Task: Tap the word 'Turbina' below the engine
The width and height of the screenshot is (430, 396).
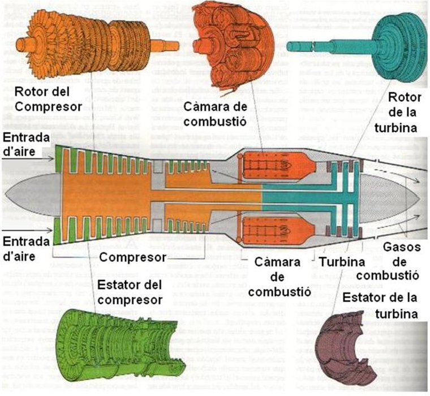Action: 342,262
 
